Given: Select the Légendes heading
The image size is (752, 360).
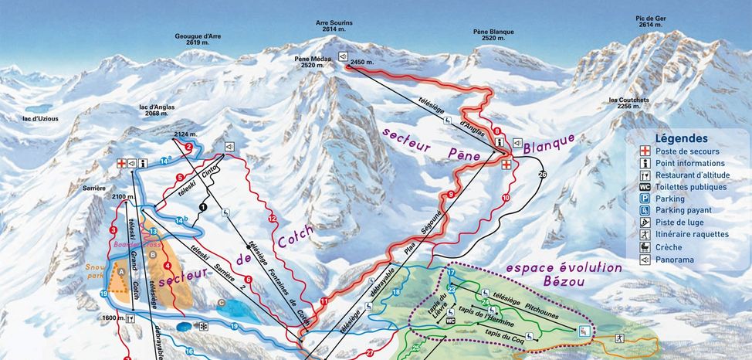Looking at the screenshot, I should pyautogui.click(x=681, y=138).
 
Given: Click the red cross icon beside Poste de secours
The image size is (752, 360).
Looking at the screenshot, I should pyautogui.click(x=645, y=151).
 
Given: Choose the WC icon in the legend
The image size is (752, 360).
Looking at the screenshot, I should pyautogui.click(x=645, y=187).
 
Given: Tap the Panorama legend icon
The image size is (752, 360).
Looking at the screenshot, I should pyautogui.click(x=645, y=260).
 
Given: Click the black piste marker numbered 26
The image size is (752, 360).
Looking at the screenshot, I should pyautogui.click(x=542, y=175).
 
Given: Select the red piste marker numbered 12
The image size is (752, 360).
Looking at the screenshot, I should pyautogui.click(x=272, y=219).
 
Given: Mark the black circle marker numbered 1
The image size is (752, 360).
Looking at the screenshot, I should pyautogui.click(x=202, y=207).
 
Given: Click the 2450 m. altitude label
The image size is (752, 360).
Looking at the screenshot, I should pyautogui.click(x=361, y=62).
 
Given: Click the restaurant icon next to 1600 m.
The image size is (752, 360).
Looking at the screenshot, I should pyautogui.click(x=133, y=318).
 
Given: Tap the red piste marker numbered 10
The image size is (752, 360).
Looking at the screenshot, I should pyautogui.click(x=506, y=199).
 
